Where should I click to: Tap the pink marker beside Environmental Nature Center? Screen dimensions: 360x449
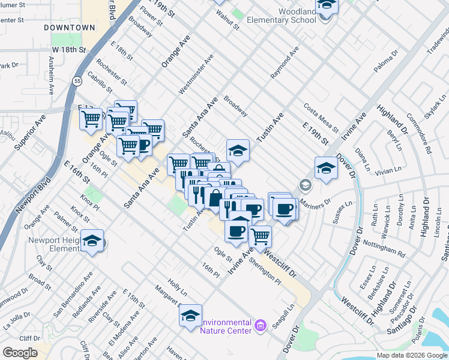coord(260,326)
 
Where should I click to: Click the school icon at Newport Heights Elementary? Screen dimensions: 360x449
coord(92,241)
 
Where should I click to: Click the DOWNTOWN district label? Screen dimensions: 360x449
coord(69,28)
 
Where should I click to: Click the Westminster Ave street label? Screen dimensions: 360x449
coord(196,75)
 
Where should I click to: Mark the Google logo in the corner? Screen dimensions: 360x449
coord(20,353)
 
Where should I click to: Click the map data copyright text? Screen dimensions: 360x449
coord(412,355)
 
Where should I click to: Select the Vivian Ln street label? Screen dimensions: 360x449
coord(387,170)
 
